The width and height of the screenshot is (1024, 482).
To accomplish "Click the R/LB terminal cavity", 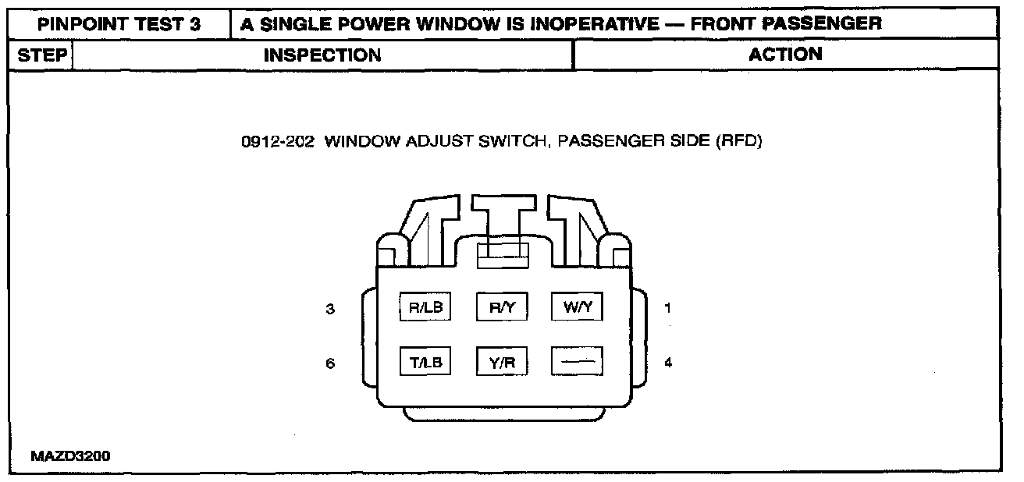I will click(425, 307).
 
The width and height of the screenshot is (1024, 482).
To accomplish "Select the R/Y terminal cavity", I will click(502, 307).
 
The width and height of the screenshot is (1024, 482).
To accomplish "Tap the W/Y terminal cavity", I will click(578, 307).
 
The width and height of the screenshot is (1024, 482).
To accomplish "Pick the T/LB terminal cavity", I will click(425, 362).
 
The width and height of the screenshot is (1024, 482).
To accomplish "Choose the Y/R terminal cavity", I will click(502, 362).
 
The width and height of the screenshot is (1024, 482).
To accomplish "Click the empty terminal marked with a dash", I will click(578, 362).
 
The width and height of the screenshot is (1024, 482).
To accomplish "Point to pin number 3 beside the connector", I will click(330, 308).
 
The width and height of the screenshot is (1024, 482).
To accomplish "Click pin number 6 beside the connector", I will click(330, 363).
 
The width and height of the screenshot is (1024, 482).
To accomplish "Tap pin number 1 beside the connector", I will click(667, 308).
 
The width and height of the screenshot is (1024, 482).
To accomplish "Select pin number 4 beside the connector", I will click(667, 363).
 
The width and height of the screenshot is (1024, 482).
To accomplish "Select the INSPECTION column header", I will click(322, 55).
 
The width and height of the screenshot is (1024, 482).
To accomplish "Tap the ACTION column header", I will click(785, 54).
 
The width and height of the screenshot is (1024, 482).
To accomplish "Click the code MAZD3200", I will click(70, 456).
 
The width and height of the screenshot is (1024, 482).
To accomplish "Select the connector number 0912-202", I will click(278, 143).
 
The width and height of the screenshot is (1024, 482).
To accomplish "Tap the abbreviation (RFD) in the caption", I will click(738, 143).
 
